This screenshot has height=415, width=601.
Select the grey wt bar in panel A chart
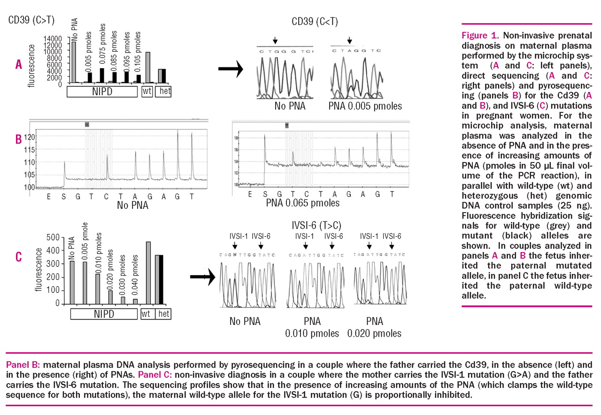(147, 68)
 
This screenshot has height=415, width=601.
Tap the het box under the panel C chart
(163, 314)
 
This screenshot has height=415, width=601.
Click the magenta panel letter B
(18, 139)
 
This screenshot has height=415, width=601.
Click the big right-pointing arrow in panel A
(231, 69)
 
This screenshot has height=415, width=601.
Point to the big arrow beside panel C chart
(205, 276)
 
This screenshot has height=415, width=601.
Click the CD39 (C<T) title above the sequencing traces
(315, 22)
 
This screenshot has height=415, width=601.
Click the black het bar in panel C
(160, 280)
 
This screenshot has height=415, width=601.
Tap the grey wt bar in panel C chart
(148, 273)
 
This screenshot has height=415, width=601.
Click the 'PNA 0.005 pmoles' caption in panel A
(365, 106)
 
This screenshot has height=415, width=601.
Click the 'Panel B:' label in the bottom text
(21, 365)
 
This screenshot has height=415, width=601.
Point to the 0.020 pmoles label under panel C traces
(374, 333)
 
